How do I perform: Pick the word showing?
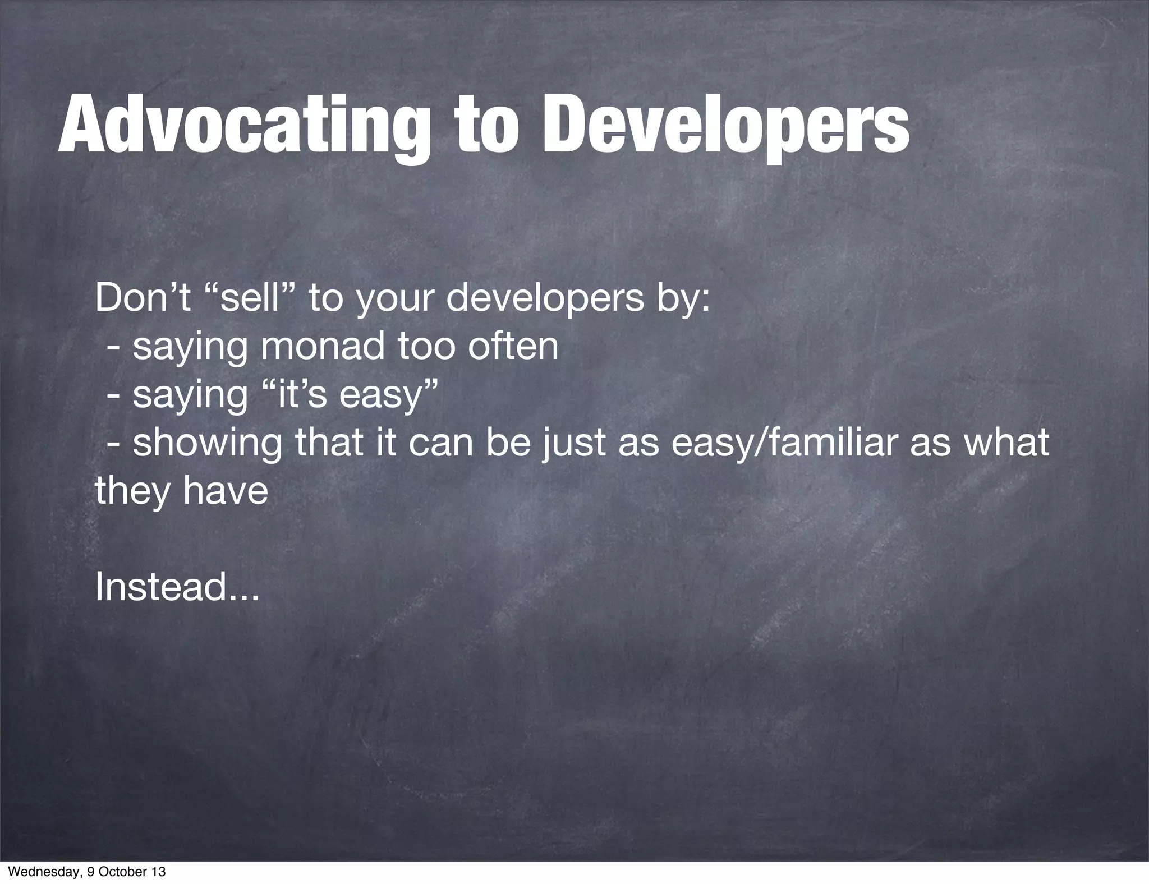(x=208, y=443)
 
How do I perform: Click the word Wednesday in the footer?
(x=39, y=872)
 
